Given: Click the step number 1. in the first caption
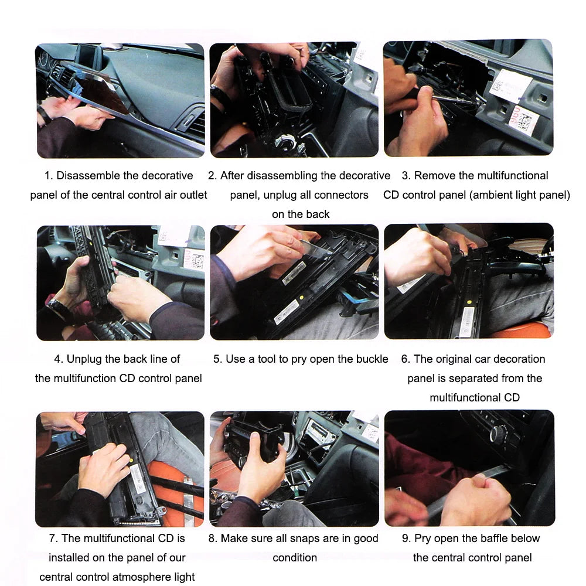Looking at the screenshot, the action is (49, 176).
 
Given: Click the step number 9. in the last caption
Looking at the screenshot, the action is (407, 539).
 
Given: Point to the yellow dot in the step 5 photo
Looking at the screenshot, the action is (302, 298).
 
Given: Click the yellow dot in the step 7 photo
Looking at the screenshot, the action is (131, 460).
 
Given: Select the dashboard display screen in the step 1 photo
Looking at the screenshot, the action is (90, 56).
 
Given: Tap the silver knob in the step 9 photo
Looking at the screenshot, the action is (497, 434).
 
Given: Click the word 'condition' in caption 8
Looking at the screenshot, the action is (295, 558).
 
